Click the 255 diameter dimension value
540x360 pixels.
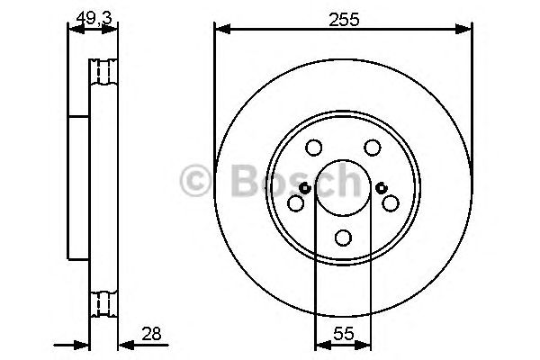(x=344, y=19)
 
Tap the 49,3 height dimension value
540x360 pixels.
(x=94, y=18)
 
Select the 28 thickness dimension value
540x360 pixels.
(x=151, y=334)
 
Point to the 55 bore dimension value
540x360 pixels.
(x=344, y=334)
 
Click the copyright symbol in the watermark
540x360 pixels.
(x=195, y=180)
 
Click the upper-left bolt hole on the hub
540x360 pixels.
(x=314, y=148)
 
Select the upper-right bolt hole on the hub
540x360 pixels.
(x=373, y=148)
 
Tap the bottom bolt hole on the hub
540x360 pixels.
(x=344, y=238)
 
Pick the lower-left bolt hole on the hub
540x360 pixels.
(x=295, y=202)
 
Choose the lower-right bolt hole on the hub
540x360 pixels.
(x=391, y=202)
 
